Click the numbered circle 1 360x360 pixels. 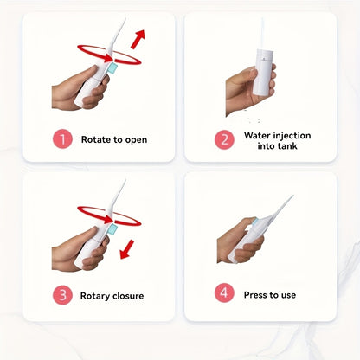[x=62, y=139]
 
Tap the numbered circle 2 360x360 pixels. [x=224, y=140]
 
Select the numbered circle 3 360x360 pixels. [x=62, y=295]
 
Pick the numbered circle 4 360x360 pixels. [x=224, y=292]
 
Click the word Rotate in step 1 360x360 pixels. [x=96, y=139]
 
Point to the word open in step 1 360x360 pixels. [x=136, y=140]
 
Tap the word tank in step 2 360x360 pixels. [x=287, y=146]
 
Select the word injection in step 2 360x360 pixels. [x=292, y=136]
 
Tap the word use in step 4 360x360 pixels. [x=289, y=295]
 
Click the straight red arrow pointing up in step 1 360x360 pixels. [x=138, y=39]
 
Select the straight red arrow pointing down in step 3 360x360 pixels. [x=127, y=249]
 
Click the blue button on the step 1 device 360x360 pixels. [x=112, y=69]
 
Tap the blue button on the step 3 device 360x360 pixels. [x=112, y=230]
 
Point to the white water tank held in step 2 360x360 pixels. [x=264, y=72]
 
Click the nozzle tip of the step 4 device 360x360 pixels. [x=292, y=196]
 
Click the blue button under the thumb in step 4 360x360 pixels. [x=255, y=222]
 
